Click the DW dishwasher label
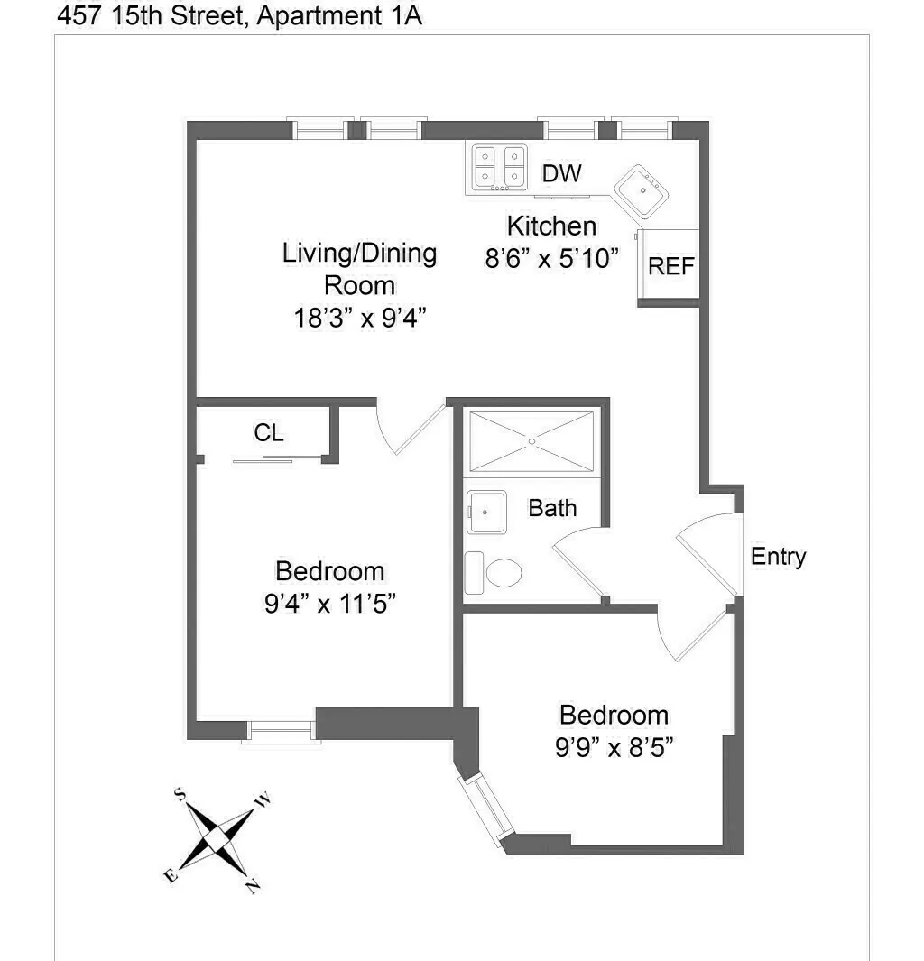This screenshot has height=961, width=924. [562, 173]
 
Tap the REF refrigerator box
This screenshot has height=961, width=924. [671, 266]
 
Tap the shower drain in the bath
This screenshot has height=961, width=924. [532, 441]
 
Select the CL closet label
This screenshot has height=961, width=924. [269, 433]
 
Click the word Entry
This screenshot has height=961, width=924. [778, 557]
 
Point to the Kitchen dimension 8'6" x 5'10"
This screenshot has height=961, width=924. [551, 258]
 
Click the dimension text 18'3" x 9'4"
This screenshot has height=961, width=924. [359, 319]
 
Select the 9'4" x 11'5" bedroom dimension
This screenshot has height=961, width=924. [329, 602]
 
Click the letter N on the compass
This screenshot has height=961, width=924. [254, 886]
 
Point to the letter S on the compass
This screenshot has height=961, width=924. [180, 794]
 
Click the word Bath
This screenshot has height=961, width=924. [552, 508]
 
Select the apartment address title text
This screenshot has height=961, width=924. [239, 15]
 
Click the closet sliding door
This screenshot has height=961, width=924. [277, 459]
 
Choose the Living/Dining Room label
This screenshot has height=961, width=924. [359, 269]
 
